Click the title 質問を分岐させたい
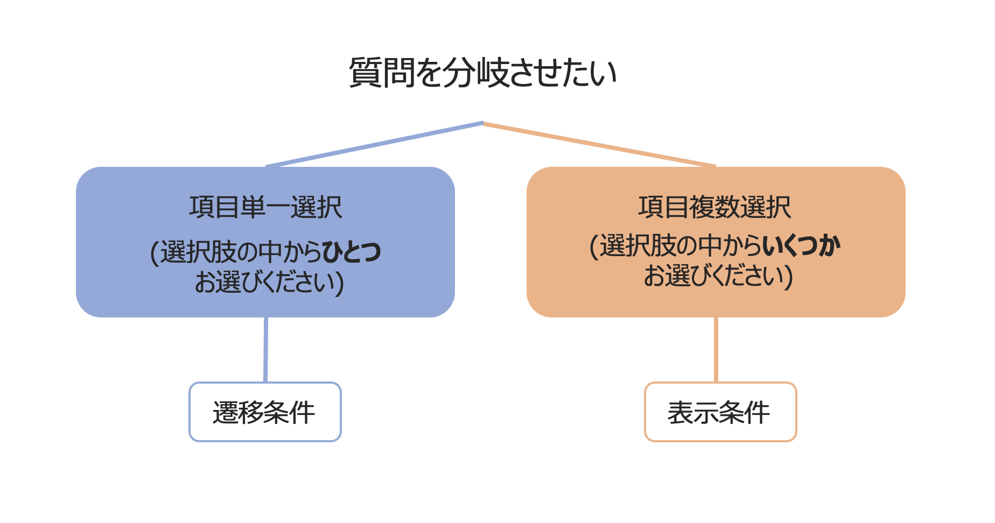coord(482,73)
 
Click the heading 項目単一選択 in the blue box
coord(265,207)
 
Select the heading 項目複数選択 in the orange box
coord(714,207)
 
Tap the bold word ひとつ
coord(352,252)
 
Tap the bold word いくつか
coord(801,246)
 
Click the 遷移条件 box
coord(265,412)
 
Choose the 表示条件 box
coord(720,412)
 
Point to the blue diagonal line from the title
coord(374,144)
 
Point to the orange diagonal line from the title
coord(599,144)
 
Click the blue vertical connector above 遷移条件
coord(265,350)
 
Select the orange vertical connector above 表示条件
coord(716,350)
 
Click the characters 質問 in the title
coord(382,73)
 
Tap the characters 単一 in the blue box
coord(265,207)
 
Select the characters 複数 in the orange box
coord(714,207)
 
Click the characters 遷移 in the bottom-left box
coord(238,413)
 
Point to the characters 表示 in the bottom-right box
coord(693,413)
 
